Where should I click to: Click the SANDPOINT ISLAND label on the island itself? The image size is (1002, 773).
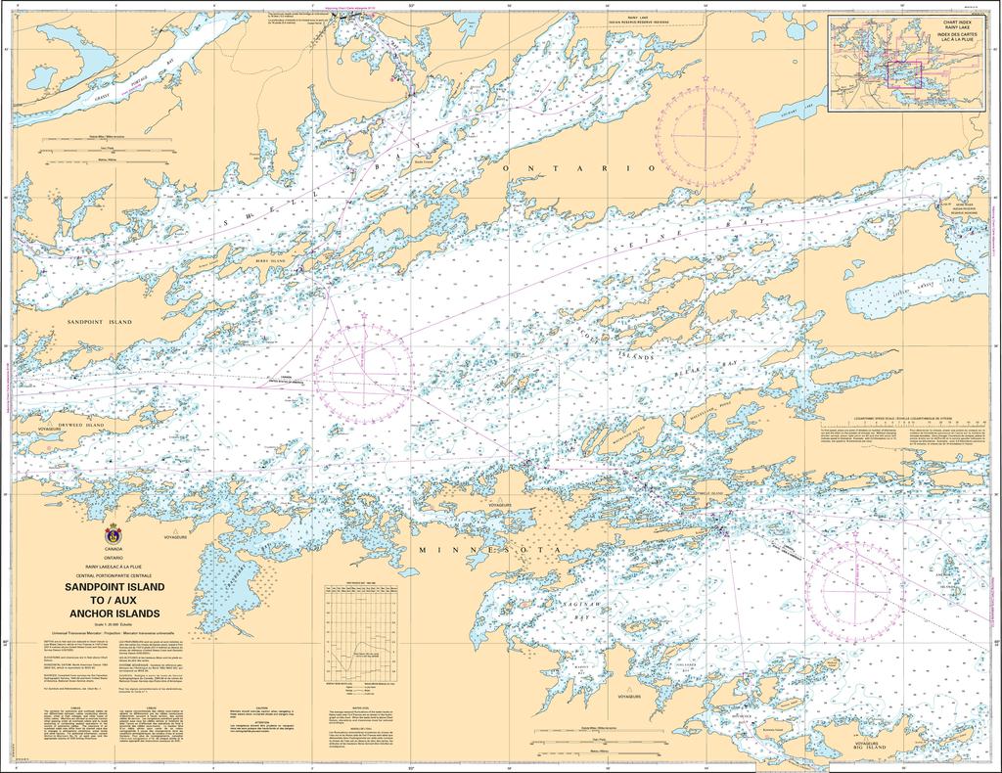coord(99,321)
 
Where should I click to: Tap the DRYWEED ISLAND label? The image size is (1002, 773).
coord(80,426)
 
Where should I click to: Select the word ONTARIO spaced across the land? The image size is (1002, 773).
coord(577,169)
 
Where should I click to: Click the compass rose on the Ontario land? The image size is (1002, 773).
coord(705,131)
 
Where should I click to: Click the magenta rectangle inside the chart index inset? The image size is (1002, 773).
coord(904,74)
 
